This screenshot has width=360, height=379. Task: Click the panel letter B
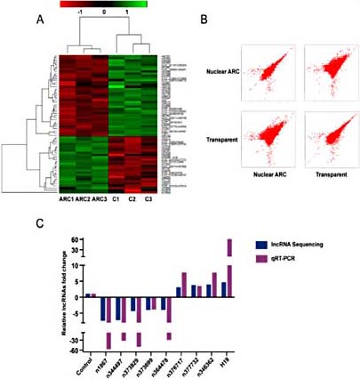point(204,19)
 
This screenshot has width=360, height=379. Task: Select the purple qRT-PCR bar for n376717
point(184,285)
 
